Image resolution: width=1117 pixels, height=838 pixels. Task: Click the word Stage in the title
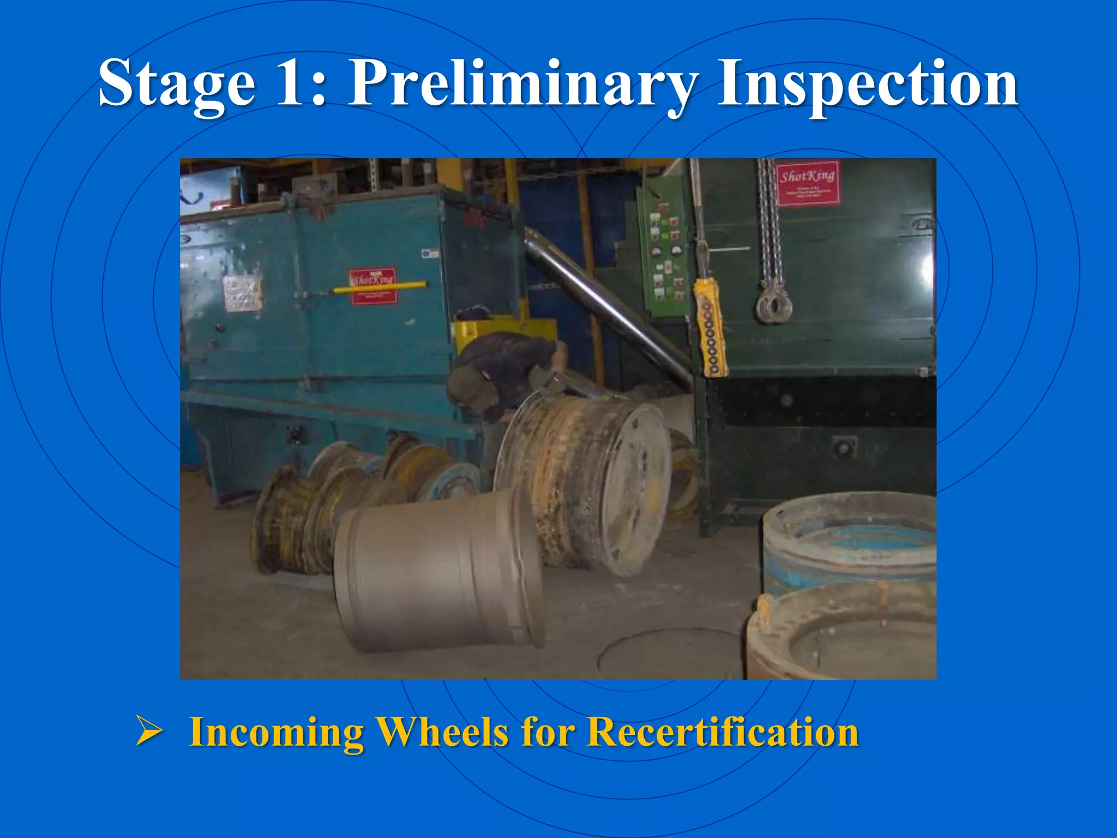tap(176, 85)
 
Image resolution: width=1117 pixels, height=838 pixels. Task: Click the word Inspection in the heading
tap(867, 85)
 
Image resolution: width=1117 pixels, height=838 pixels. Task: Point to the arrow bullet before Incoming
tap(149, 732)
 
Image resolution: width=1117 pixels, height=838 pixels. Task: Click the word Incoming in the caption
tap(276, 733)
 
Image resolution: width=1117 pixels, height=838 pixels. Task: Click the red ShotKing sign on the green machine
tap(807, 183)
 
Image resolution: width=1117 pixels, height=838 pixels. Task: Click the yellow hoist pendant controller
tap(711, 327)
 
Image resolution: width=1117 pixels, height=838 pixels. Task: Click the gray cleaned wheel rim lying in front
tap(436, 570)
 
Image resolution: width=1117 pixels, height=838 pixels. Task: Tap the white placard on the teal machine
tap(243, 294)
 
